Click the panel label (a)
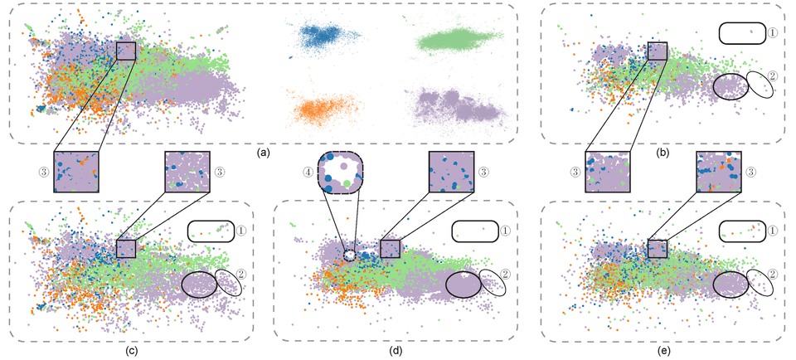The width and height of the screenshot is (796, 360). [x=264, y=153]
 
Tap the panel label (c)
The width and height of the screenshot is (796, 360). [x=131, y=349]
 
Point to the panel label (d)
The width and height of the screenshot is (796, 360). [x=396, y=349]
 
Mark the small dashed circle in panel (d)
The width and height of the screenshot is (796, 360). [x=349, y=255]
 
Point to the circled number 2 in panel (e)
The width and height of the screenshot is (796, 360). [x=772, y=273]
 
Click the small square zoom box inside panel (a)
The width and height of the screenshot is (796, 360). [x=126, y=51]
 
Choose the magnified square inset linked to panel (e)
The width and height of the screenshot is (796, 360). [x=719, y=172]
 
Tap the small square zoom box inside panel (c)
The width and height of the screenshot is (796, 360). [x=126, y=248]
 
